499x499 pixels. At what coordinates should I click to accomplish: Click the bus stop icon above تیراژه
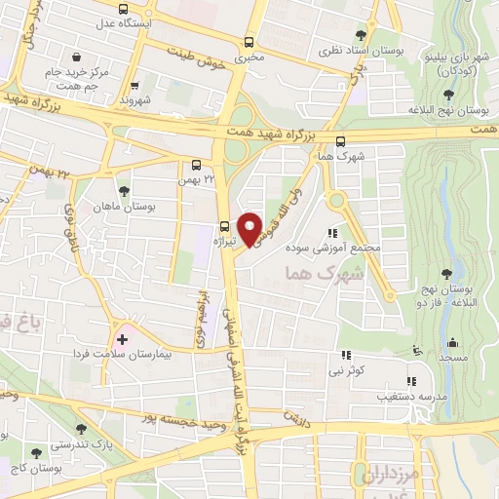225,220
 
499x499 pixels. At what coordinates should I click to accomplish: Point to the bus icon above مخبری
249,42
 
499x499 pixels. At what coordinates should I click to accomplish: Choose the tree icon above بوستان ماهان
123,192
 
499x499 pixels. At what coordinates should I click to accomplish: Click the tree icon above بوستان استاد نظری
363,35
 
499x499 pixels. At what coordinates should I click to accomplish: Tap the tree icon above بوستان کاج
37,454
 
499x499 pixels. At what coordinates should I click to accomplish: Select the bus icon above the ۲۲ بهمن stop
197,165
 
